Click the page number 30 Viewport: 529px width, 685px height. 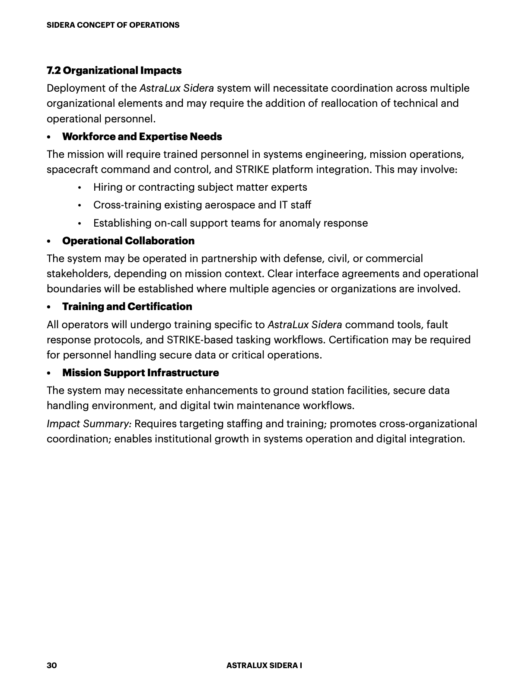click(x=51, y=665)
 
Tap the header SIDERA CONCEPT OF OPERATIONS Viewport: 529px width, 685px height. click(x=113, y=25)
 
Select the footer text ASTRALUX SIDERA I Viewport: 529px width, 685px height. click(x=264, y=665)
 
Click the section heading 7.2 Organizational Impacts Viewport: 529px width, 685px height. click(x=114, y=70)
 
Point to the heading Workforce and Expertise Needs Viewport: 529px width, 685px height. click(x=142, y=137)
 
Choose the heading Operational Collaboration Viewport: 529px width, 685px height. click(x=128, y=241)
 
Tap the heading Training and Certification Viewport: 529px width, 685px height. click(x=127, y=307)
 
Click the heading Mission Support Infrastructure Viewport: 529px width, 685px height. click(x=140, y=373)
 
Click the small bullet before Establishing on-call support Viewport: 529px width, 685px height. click(x=80, y=224)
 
